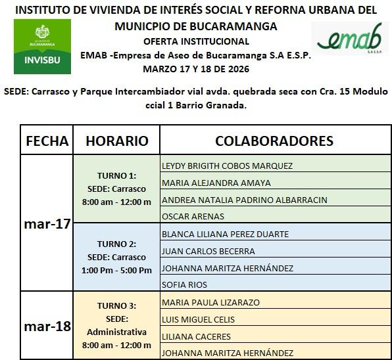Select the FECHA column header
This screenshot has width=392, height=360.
(46, 141)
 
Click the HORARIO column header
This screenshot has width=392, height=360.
(116, 141)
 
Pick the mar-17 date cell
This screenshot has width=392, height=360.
(46, 224)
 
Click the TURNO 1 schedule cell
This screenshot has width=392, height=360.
(116, 189)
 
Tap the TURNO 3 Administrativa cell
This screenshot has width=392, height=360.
(116, 326)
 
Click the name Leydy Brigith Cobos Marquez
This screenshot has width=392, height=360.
(227, 166)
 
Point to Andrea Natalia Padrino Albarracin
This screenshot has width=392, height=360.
(244, 200)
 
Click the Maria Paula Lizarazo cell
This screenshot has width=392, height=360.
(210, 302)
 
